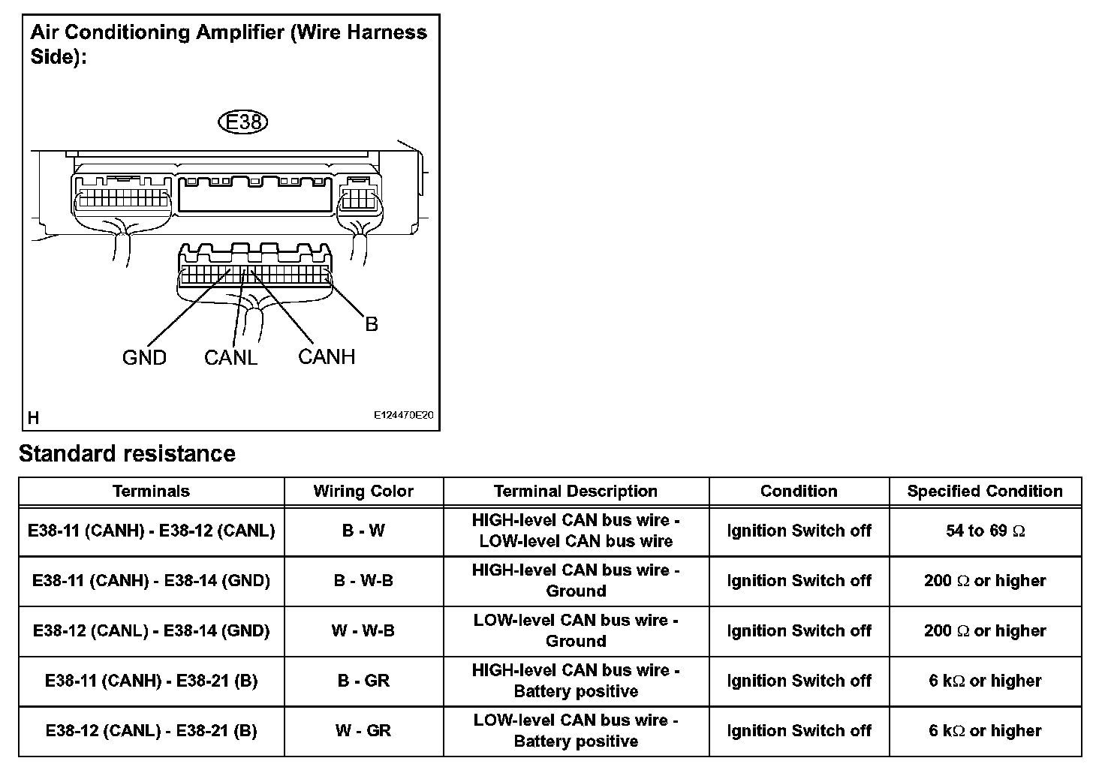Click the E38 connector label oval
pyautogui.click(x=242, y=122)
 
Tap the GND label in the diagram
pyautogui.click(x=144, y=358)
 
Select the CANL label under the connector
pyautogui.click(x=230, y=358)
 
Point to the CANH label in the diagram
pyautogui.click(x=327, y=356)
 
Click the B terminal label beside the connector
pyautogui.click(x=372, y=324)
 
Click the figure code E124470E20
pyautogui.click(x=404, y=415)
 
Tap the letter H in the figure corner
pyautogui.click(x=34, y=418)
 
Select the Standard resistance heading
pyautogui.click(x=127, y=454)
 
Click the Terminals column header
pyautogui.click(x=151, y=492)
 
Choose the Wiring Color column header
pyautogui.click(x=363, y=492)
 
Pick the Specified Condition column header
pyautogui.click(x=985, y=492)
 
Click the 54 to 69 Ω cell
pyautogui.click(x=985, y=531)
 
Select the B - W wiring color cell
pyautogui.click(x=363, y=531)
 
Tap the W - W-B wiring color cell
pyautogui.click(x=363, y=631)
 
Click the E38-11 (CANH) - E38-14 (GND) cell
pyautogui.click(x=151, y=581)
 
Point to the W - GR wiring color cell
pyautogui.click(x=363, y=731)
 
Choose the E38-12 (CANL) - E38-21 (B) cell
pyautogui.click(x=151, y=731)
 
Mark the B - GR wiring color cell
pyautogui.click(x=363, y=681)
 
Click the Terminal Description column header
pyautogui.click(x=576, y=492)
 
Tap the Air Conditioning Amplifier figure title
pyautogui.click(x=228, y=44)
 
